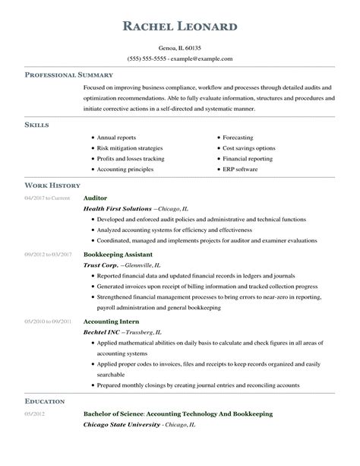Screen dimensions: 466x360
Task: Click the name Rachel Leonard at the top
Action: tap(179, 28)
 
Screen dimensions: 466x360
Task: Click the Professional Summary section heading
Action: tap(69, 75)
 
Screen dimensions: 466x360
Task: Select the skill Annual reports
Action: tap(116, 138)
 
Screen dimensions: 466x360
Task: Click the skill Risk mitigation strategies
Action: tap(128, 149)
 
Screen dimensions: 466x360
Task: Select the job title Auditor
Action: tap(95, 197)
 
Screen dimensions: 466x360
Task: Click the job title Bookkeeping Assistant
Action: tap(118, 254)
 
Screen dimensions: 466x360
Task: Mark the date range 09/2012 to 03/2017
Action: tap(48, 254)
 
